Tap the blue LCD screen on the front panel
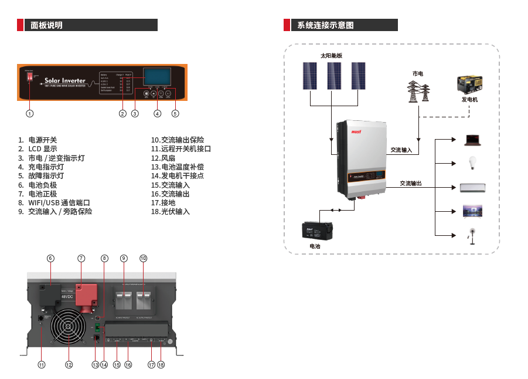click(157, 77)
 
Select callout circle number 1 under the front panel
click(30, 113)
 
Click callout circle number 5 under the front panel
click(175, 113)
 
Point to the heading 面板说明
click(46, 25)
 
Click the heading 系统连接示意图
click(325, 25)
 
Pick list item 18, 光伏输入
click(171, 211)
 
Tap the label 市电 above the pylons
click(417, 73)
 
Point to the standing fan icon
click(471, 235)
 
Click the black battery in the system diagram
click(316, 230)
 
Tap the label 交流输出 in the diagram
click(410, 184)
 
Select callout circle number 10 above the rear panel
click(144, 258)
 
